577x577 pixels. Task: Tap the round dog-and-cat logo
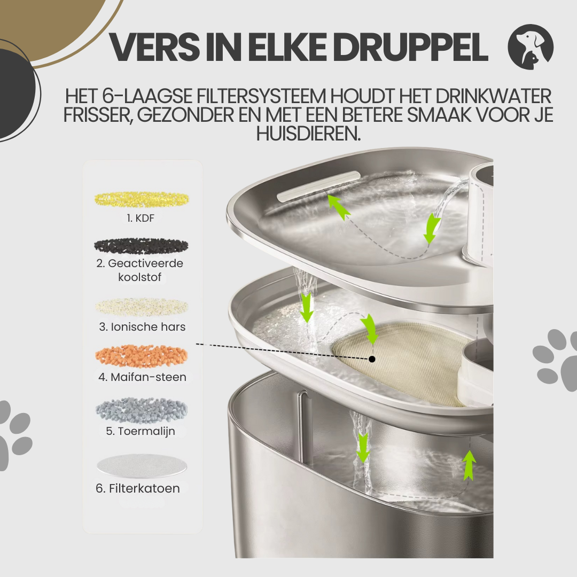click(531, 46)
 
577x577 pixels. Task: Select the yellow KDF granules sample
click(142, 199)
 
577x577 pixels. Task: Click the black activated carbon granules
click(142, 246)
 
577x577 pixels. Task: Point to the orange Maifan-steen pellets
click(142, 356)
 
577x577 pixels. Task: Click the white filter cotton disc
click(142, 465)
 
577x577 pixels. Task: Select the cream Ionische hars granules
click(142, 307)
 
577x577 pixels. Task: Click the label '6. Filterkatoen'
click(138, 488)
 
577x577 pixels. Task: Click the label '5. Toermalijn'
click(141, 431)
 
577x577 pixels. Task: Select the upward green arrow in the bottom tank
click(469, 465)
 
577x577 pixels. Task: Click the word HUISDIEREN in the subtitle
click(308, 134)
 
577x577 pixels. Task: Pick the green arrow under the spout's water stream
click(431, 229)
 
